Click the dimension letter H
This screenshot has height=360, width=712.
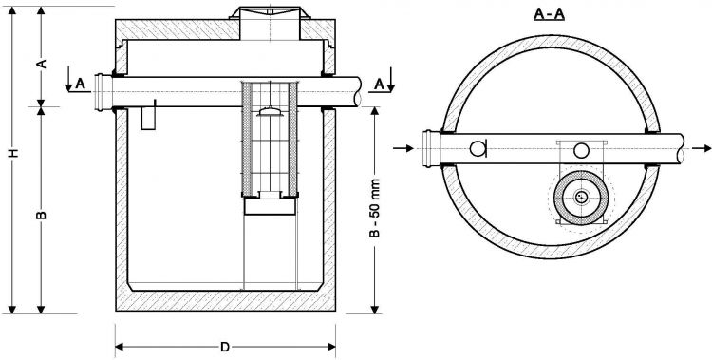click(x=12, y=153)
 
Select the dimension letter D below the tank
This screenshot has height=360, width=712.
click(x=225, y=346)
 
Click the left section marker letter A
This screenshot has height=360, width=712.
click(x=81, y=84)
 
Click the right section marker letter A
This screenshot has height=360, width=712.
click(x=379, y=84)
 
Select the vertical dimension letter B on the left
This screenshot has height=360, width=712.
click(x=41, y=216)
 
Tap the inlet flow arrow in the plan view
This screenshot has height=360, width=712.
click(x=403, y=148)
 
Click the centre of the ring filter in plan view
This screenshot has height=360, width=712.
click(x=579, y=198)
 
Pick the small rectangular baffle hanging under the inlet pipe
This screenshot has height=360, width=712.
click(x=147, y=118)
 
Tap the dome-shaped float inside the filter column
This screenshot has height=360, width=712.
click(x=270, y=114)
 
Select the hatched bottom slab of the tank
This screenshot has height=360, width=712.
click(x=225, y=302)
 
